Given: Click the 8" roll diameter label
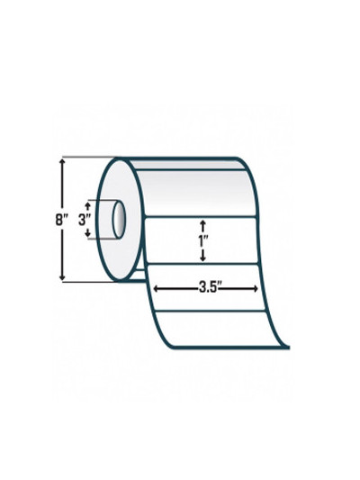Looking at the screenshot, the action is (62, 220).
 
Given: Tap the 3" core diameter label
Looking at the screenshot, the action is (85, 220).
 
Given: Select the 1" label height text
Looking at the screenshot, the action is (202, 242).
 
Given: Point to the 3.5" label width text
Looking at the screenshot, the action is (210, 288).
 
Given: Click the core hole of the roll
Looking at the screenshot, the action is (119, 219).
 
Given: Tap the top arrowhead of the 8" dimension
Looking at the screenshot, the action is (63, 161).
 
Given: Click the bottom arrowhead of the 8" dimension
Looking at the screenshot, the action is (63, 276).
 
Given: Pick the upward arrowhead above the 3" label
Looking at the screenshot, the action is (88, 204).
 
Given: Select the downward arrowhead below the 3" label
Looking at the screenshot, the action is (88, 234).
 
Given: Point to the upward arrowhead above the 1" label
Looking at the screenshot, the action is (202, 222).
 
